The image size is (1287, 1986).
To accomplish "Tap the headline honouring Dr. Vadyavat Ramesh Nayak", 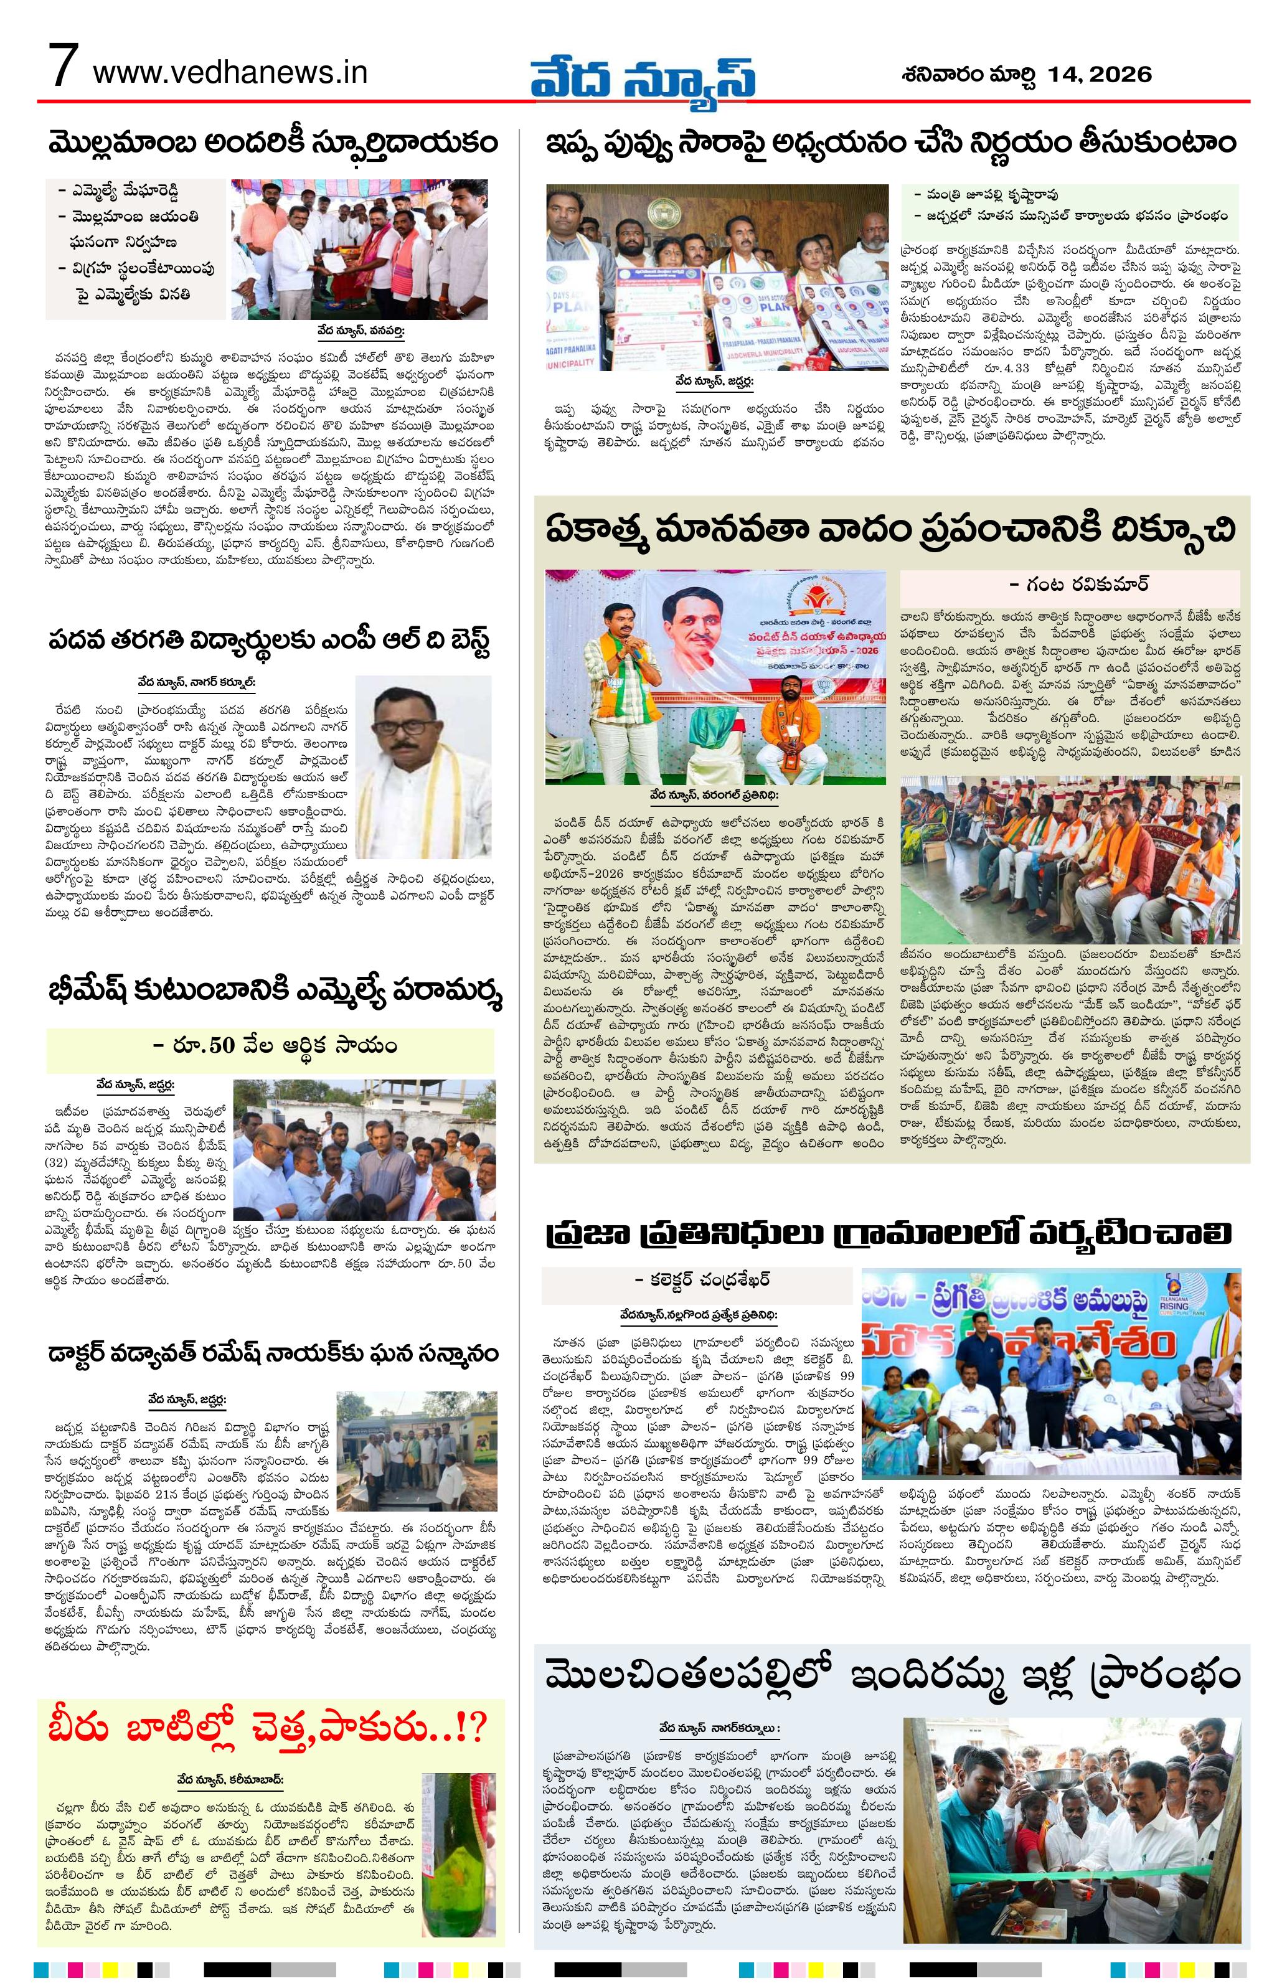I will point(272,1351).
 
